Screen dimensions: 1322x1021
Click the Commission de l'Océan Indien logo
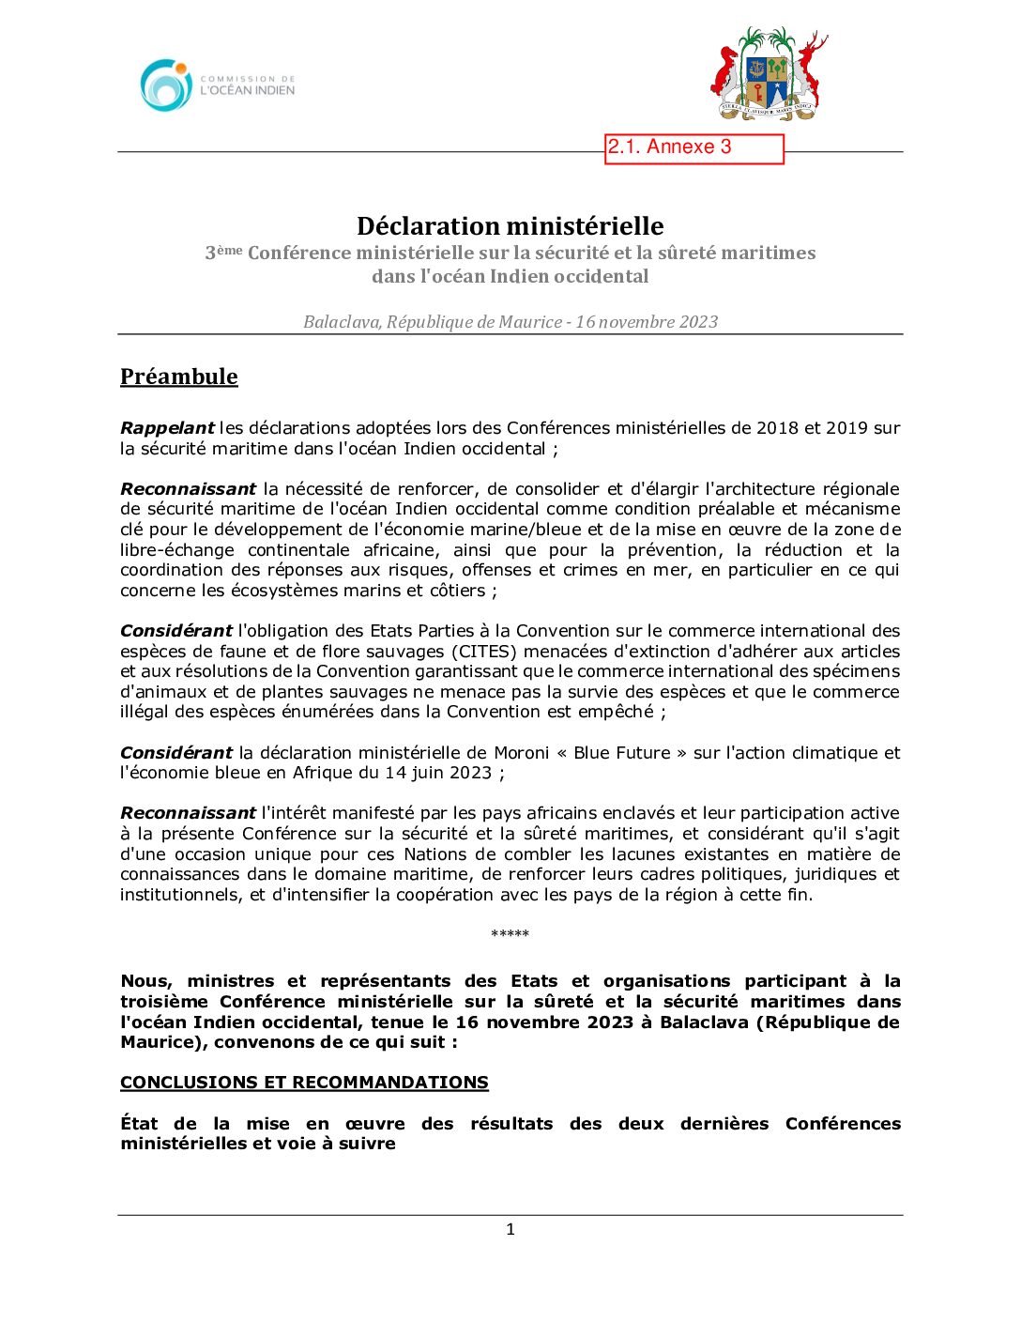[x=217, y=85]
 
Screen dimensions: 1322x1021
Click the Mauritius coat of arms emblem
[x=769, y=75]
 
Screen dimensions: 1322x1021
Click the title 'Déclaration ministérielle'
[x=510, y=226]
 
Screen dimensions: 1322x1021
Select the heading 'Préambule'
[x=179, y=377]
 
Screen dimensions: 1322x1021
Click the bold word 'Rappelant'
[x=167, y=428]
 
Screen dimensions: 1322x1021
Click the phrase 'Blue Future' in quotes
[x=622, y=753]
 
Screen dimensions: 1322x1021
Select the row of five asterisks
[x=510, y=934]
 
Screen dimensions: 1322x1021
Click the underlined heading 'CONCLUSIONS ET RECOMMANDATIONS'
[x=304, y=1083]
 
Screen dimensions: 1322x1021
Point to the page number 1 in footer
[x=510, y=1230]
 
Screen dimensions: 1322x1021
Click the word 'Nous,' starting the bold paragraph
[x=146, y=981]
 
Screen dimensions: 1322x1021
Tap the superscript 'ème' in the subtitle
[x=230, y=249]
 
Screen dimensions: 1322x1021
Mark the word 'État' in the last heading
[x=139, y=1124]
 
